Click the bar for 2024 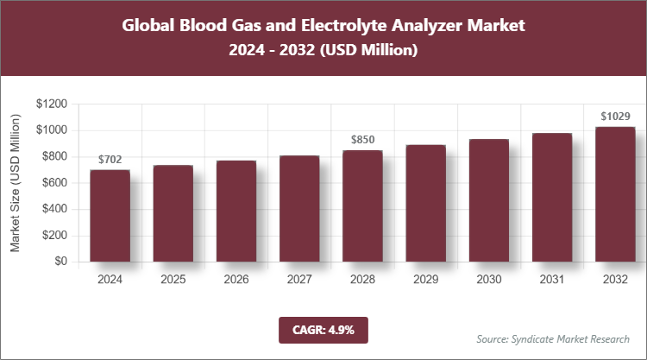(x=110, y=216)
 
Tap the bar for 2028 (x=362, y=206)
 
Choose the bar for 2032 (x=614, y=194)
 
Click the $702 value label (x=110, y=160)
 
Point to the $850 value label (x=362, y=140)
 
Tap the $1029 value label (x=614, y=116)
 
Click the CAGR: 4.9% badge (x=323, y=330)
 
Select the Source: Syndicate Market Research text (x=553, y=338)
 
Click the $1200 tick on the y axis (x=52, y=104)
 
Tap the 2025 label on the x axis (x=173, y=280)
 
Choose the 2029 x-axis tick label (x=425, y=280)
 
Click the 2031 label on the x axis (x=551, y=280)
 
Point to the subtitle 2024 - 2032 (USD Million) (x=323, y=51)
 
